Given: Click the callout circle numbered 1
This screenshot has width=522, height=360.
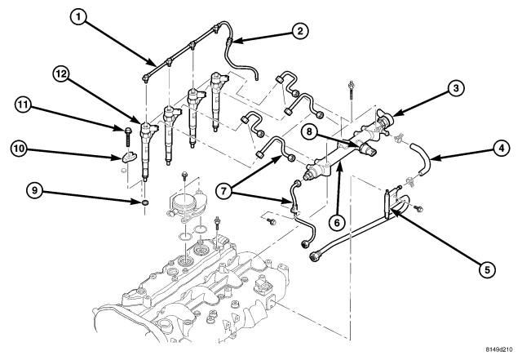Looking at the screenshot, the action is [x=78, y=16].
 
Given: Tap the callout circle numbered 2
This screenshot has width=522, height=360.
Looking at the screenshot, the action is [x=300, y=31].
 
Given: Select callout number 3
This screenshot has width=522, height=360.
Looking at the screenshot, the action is [x=456, y=88].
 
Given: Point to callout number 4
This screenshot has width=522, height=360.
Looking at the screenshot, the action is [x=501, y=148].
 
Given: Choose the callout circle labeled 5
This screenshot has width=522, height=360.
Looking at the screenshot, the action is [x=488, y=269].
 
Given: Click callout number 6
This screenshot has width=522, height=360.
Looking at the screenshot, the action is [x=337, y=222].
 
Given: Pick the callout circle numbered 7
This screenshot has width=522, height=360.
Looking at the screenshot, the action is [x=223, y=191].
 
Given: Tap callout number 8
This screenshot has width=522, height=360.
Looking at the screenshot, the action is [x=310, y=131].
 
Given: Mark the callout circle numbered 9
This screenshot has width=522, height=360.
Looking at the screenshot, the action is [x=34, y=191].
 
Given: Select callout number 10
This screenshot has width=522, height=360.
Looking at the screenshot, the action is [x=19, y=149].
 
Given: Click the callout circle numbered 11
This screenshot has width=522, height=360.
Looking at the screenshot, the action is [x=23, y=105].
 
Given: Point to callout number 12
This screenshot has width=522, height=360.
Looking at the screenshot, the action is [x=61, y=74].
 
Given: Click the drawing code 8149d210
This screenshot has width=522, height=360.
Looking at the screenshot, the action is [x=498, y=349].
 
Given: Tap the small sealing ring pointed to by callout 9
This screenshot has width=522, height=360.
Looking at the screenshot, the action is [x=145, y=202].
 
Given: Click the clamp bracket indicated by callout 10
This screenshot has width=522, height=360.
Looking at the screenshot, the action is [x=128, y=157].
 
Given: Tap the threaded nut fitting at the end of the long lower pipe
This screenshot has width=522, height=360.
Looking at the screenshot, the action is [x=315, y=256].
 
